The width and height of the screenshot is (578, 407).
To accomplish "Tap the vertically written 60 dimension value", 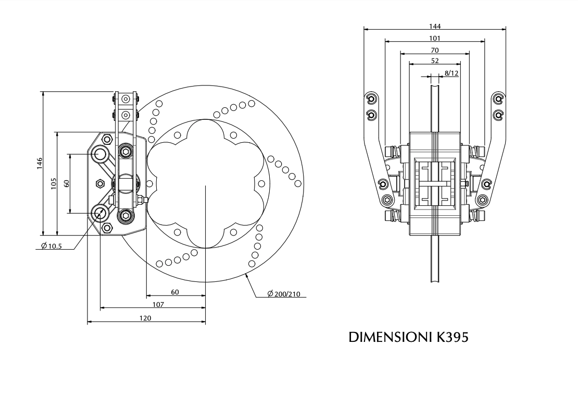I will (66, 183).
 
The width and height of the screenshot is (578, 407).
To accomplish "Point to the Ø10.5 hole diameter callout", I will (51, 246).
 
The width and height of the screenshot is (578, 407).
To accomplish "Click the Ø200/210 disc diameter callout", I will (283, 294).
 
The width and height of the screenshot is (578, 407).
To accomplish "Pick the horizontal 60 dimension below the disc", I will (175, 292).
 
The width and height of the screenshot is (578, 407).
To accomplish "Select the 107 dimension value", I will (158, 304).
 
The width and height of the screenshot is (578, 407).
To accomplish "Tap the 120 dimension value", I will (146, 318).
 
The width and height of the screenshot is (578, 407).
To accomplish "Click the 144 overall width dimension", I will (435, 26).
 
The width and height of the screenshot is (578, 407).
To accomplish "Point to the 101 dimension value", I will (435, 38).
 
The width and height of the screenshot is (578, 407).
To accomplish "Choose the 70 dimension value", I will (435, 50).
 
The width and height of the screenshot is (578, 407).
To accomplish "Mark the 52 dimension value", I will (435, 61).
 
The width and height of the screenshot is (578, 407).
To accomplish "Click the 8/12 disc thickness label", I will (451, 73).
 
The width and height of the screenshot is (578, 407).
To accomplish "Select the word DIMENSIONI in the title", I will (388, 337).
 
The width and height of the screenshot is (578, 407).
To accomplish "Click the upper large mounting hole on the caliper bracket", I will (99, 154).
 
